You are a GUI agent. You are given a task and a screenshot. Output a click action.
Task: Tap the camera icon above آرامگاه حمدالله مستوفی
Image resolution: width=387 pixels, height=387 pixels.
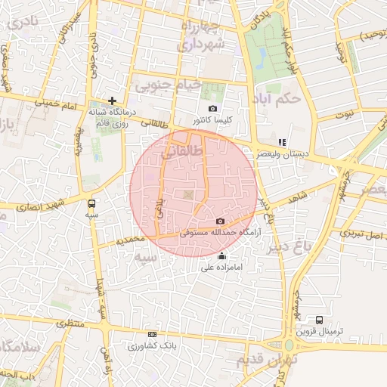pyautogui.click(x=220, y=221)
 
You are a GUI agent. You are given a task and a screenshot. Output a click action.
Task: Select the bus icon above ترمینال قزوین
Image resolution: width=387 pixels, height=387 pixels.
pyautogui.click(x=319, y=320)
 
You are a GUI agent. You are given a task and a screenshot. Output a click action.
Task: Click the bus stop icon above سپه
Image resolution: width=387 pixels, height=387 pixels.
pyautogui.click(x=91, y=203)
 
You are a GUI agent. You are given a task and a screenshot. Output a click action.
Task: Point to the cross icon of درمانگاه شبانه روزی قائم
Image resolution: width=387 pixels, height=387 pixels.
pyautogui.click(x=112, y=100)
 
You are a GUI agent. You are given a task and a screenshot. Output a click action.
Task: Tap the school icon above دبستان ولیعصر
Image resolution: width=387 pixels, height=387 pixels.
pyautogui.click(x=282, y=141)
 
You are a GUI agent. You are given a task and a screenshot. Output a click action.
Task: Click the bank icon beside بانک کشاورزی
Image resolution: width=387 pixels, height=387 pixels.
pyautogui.click(x=153, y=334)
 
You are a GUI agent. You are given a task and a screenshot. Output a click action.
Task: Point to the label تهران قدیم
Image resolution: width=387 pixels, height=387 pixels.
pyautogui.click(x=268, y=360)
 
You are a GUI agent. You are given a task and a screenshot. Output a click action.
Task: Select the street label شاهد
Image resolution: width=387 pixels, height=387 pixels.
pyautogui.click(x=298, y=197)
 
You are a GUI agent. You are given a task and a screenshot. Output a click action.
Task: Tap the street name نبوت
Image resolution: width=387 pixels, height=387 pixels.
pyautogui.click(x=345, y=114)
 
